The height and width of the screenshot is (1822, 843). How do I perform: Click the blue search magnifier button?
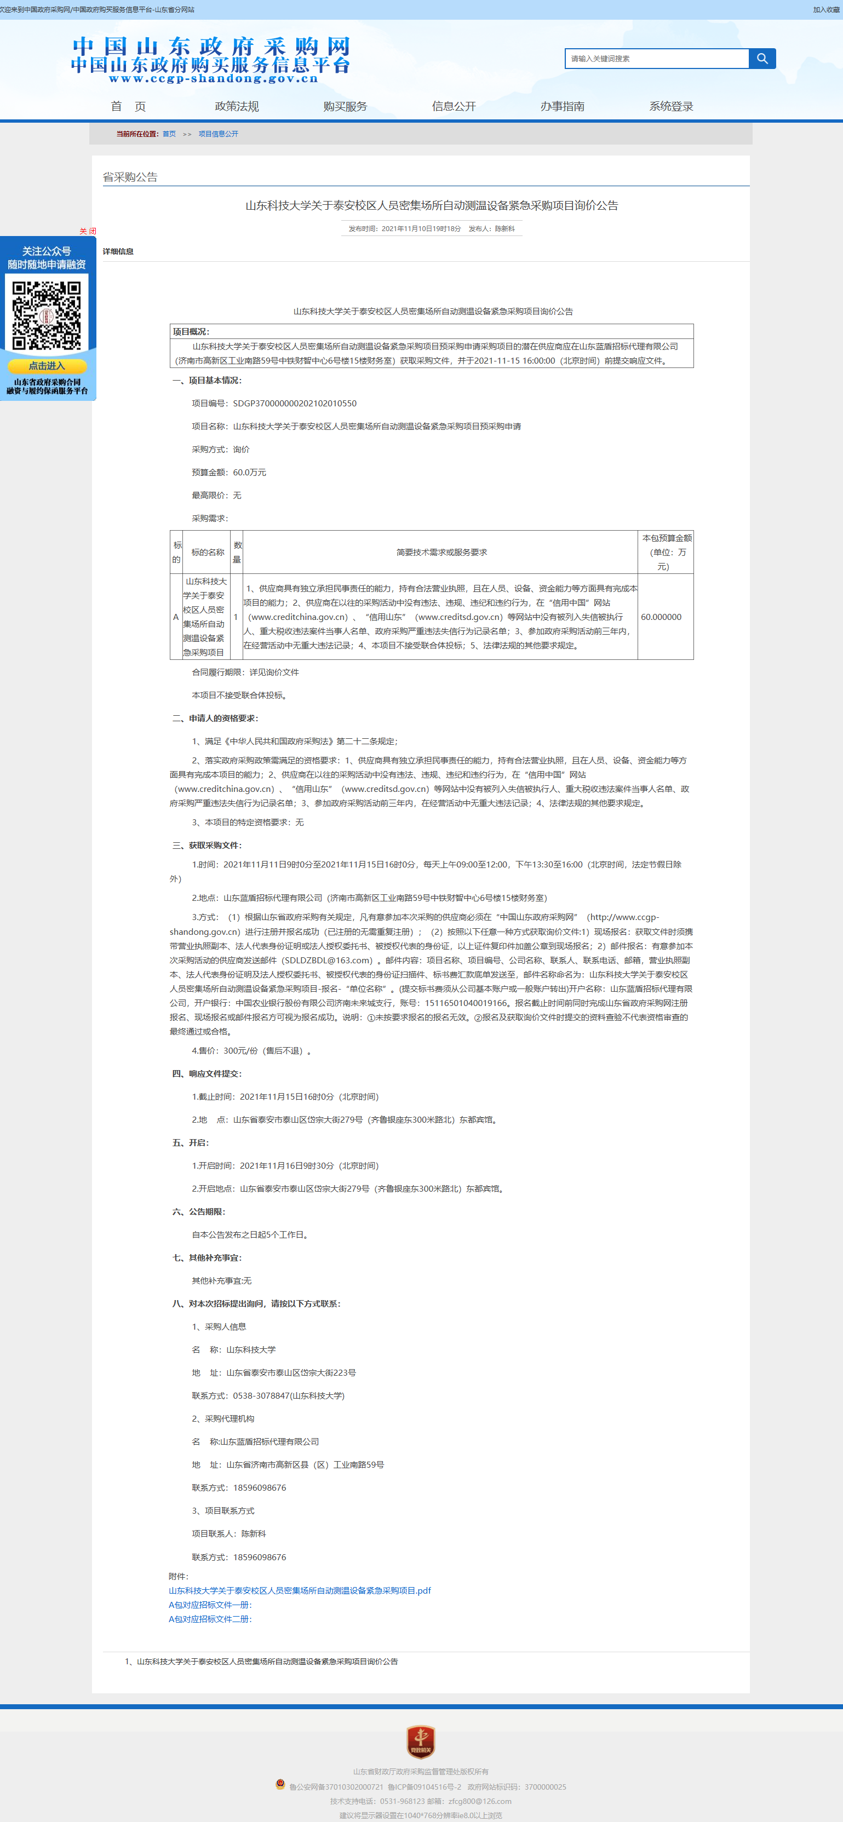(762, 59)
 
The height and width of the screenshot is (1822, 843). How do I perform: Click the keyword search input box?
(656, 59)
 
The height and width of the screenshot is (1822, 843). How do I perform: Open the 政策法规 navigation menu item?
(237, 106)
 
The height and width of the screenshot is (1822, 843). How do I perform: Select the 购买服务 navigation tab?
(345, 106)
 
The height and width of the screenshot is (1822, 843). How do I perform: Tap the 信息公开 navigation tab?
(454, 106)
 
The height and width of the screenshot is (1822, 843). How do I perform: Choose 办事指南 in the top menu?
(562, 106)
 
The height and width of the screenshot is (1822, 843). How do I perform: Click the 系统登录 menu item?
(670, 106)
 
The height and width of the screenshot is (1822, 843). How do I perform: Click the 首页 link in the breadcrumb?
(169, 134)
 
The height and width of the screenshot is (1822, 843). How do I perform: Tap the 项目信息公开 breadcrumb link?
(218, 134)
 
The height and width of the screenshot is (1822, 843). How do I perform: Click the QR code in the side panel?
(47, 315)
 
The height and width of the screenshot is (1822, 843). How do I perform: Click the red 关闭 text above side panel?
(88, 231)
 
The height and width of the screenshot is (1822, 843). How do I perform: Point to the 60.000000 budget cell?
(661, 617)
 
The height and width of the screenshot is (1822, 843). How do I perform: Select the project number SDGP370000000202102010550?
(294, 403)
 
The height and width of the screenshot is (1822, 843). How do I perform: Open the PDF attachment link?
(299, 1590)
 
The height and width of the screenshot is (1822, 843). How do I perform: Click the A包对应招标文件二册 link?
(210, 1619)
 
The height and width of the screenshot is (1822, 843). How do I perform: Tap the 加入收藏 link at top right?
(826, 10)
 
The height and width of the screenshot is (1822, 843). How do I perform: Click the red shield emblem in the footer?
(421, 1740)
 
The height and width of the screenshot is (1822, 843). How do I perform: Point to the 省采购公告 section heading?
(130, 177)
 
